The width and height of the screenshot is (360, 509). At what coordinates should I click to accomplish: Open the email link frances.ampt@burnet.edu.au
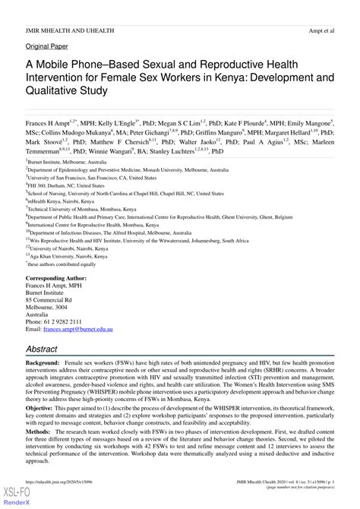[x=77, y=330]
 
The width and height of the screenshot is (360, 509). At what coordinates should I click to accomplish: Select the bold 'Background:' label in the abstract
[x=43, y=365]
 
